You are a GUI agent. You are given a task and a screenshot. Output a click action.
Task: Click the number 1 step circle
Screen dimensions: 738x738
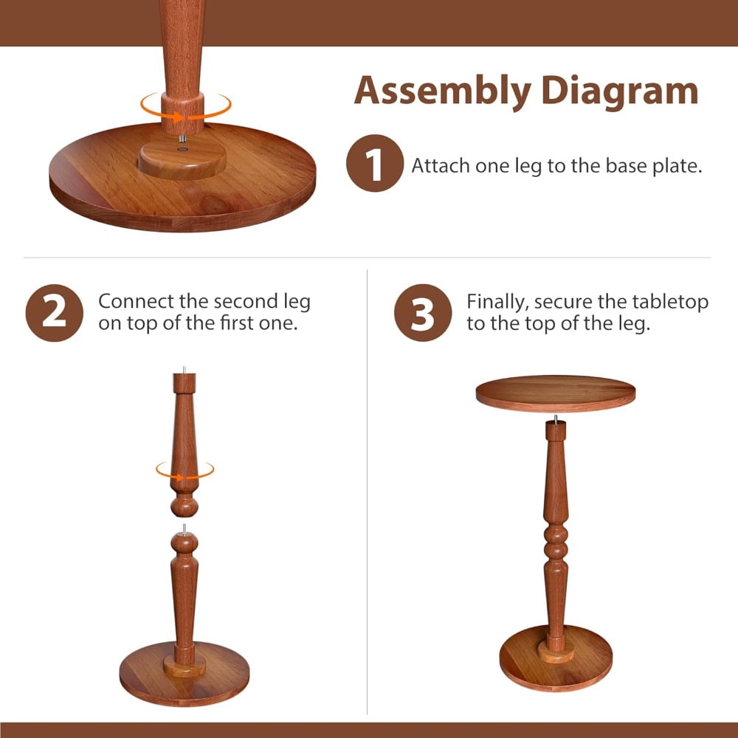click(375, 163)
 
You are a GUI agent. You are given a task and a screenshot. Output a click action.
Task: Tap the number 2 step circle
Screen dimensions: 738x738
click(54, 312)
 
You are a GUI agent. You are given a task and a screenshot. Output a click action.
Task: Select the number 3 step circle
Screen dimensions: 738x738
click(423, 312)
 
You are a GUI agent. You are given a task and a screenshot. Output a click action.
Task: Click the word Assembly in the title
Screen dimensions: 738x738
click(442, 92)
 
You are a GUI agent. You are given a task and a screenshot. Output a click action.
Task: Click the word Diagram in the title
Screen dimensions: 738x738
click(620, 92)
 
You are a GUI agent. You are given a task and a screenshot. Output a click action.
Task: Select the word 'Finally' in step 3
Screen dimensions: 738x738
click(497, 302)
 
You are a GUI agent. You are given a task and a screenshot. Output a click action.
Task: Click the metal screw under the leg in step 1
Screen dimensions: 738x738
click(182, 139)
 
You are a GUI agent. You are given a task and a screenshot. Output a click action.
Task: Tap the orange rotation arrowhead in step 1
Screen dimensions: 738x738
click(179, 117)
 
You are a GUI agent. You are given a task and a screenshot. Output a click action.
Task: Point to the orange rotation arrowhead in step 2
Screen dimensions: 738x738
click(180, 477)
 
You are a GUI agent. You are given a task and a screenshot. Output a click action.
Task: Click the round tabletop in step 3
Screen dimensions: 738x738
click(556, 393)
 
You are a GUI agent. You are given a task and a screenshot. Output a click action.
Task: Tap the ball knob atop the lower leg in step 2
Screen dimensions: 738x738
click(184, 542)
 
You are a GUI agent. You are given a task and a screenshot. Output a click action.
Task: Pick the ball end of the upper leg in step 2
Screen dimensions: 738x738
click(184, 507)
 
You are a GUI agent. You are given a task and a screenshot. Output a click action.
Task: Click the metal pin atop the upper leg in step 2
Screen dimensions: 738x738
click(184, 370)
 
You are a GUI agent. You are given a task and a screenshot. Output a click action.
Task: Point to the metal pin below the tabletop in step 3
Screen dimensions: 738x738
click(556, 418)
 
